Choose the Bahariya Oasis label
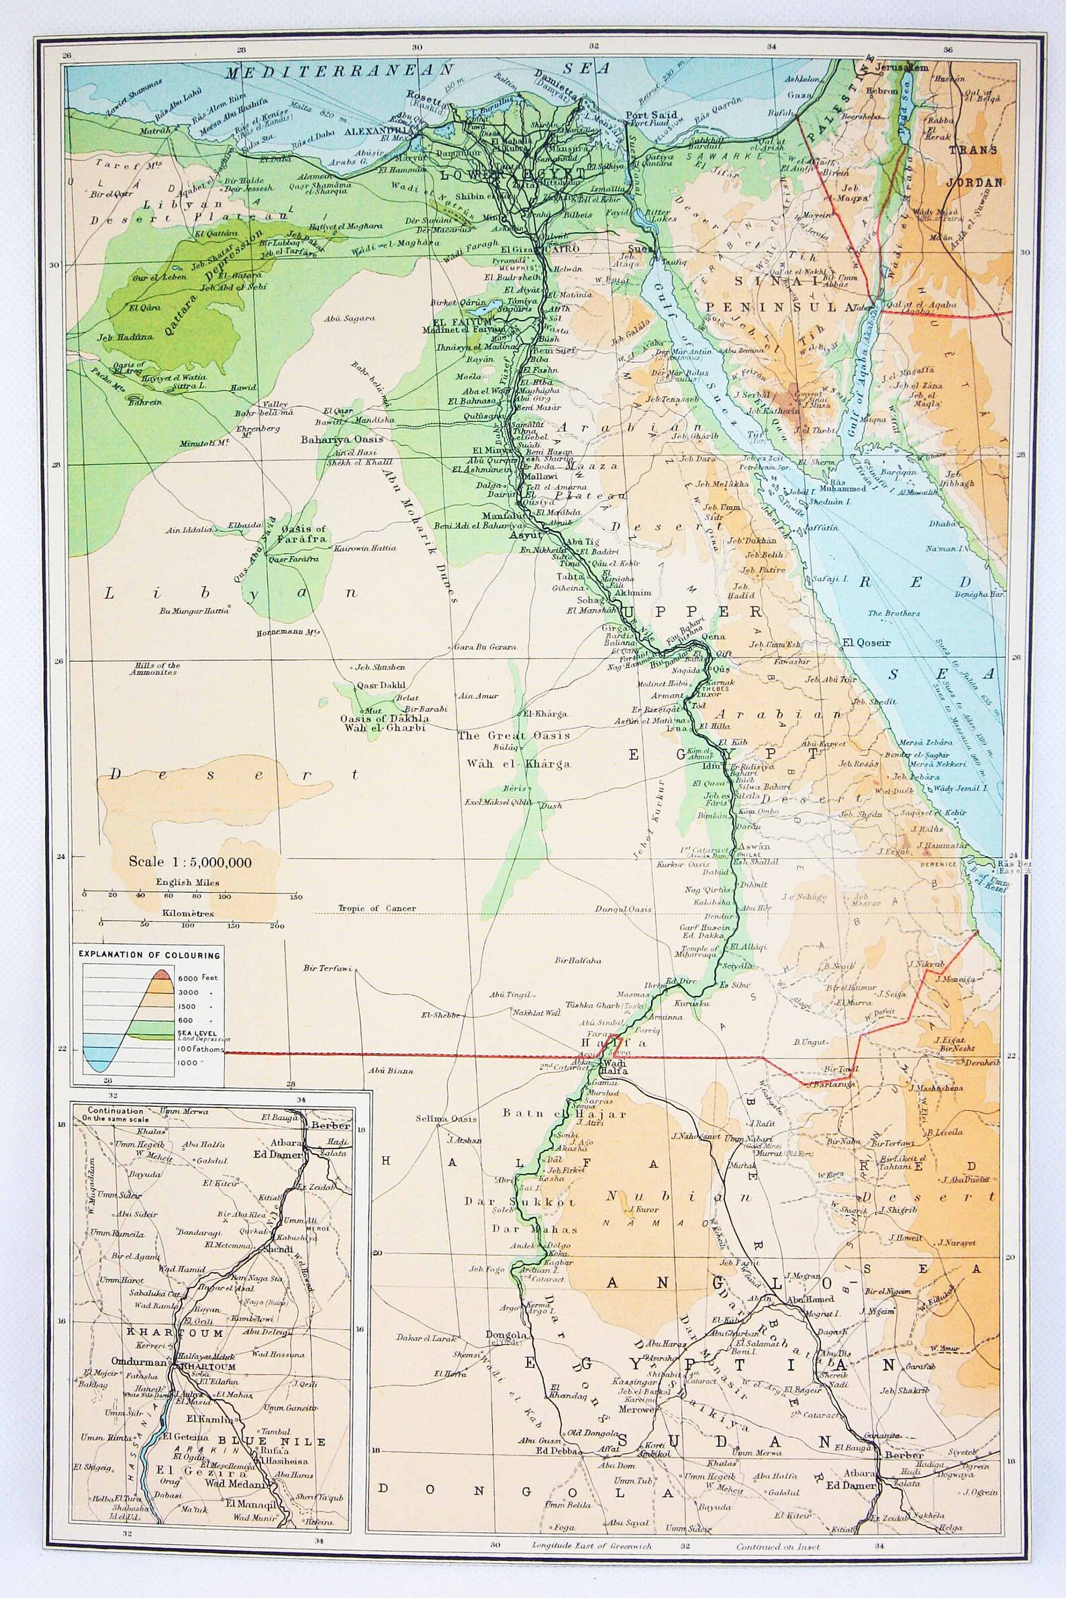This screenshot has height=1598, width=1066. click(342, 439)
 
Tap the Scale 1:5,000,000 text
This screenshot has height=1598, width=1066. click(191, 862)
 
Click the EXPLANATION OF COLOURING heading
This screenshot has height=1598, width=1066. click(150, 955)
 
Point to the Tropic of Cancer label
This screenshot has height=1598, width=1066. click(377, 908)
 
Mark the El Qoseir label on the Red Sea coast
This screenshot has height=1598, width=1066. click(865, 641)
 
